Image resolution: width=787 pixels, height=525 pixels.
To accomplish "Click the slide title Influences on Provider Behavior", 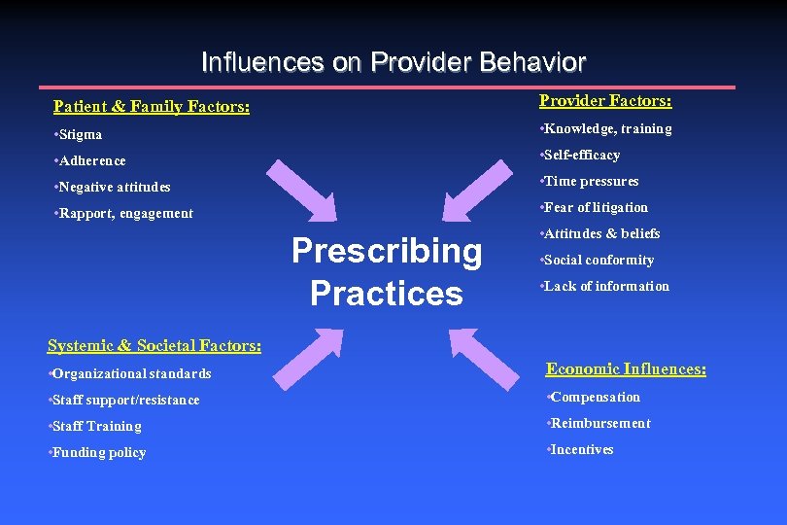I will tap(393, 63).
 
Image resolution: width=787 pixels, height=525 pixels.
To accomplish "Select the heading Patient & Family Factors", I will tap(152, 106).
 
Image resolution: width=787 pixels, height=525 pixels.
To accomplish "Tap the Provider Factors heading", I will tap(605, 101).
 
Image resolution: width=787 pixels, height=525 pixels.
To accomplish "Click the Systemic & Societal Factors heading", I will tap(154, 345).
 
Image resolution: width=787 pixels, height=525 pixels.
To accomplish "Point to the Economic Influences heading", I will tap(626, 368).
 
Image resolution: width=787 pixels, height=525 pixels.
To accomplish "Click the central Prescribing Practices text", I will tap(387, 271).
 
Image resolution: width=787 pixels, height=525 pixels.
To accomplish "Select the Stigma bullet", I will tap(79, 134).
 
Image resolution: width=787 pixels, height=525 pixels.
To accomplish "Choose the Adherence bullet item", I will tap(90, 160).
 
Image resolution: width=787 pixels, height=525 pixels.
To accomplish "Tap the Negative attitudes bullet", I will tap(112, 187).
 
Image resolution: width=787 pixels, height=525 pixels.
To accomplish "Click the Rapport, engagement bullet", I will tap(123, 213).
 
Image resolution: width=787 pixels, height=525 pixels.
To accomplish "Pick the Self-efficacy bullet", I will tap(581, 155).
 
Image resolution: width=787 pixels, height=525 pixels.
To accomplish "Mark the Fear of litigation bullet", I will tap(596, 207).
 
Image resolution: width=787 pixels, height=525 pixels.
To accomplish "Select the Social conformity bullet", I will tap(599, 260).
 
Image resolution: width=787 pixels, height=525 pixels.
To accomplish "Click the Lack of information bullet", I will tap(606, 286).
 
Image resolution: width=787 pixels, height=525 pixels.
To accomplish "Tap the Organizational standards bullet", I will tap(128, 373).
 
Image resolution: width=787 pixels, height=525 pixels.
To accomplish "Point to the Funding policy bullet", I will tap(98, 452).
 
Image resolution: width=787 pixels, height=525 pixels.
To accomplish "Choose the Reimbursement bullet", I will tap(599, 423).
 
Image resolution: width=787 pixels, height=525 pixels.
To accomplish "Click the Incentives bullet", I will tap(581, 449).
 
